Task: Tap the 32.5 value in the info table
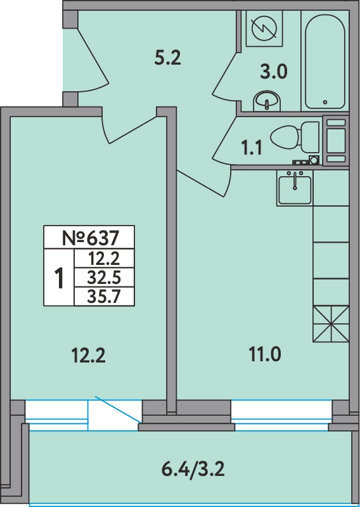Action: [x=104, y=277]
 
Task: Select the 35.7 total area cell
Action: [x=104, y=296]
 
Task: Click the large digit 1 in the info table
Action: [x=59, y=278]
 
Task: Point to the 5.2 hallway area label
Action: [x=167, y=58]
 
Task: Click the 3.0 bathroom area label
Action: [x=274, y=72]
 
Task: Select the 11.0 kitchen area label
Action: [x=265, y=354]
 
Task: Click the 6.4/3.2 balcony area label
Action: [x=193, y=470]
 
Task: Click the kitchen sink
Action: [x=295, y=189]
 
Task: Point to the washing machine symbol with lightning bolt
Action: [x=264, y=29]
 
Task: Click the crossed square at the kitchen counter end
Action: [x=331, y=324]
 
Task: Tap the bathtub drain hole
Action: [x=325, y=102]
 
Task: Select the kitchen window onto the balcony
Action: [x=281, y=416]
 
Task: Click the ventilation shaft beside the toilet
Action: [x=336, y=141]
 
